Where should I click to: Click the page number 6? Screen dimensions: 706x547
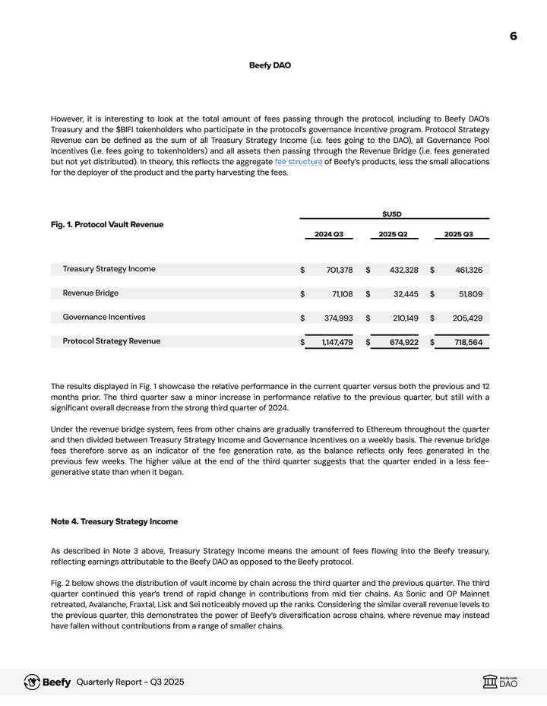[x=514, y=36]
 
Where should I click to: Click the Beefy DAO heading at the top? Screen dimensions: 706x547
[x=270, y=65]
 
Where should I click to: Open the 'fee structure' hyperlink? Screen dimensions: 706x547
[x=298, y=162]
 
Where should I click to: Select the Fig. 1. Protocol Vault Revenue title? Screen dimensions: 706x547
[x=107, y=224]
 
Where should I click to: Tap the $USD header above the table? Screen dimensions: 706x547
[x=392, y=214]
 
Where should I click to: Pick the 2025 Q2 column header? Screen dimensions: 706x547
[x=394, y=234]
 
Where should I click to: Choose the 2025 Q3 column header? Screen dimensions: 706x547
[x=458, y=234]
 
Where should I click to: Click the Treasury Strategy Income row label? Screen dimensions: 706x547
[x=109, y=269]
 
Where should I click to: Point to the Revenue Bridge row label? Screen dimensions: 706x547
[x=90, y=293]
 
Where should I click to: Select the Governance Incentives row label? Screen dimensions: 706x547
[x=104, y=317]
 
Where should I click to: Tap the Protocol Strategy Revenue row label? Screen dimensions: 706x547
[x=112, y=341]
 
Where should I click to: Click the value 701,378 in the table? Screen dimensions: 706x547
[x=340, y=270]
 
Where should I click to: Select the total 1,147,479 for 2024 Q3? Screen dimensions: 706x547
[x=337, y=343]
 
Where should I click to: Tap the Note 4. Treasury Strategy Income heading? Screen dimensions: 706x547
[x=114, y=521]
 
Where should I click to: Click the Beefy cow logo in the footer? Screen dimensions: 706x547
[x=33, y=682]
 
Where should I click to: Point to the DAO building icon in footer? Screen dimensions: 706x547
[x=490, y=682]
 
